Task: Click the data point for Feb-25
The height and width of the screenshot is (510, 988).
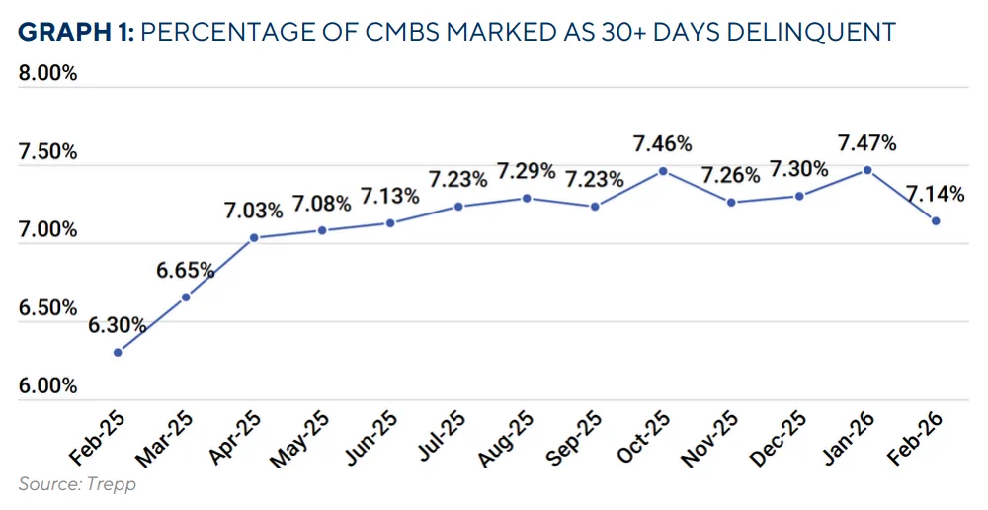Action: pyautogui.click(x=118, y=352)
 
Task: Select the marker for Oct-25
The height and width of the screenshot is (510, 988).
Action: pyautogui.click(x=663, y=170)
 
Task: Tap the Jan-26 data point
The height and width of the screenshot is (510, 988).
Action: pyautogui.click(x=867, y=169)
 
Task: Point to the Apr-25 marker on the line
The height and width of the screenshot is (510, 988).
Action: pyautogui.click(x=254, y=237)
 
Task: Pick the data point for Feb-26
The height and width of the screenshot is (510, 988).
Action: pyautogui.click(x=936, y=220)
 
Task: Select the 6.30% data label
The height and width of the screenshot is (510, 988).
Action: pyautogui.click(x=118, y=325)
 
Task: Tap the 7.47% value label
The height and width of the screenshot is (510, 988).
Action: pyautogui.click(x=867, y=143)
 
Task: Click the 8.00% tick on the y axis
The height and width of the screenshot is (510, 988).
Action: pyautogui.click(x=47, y=74)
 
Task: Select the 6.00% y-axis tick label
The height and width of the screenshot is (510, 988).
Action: pyautogui.click(x=47, y=385)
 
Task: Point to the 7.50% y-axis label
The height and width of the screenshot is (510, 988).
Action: pyautogui.click(x=47, y=151)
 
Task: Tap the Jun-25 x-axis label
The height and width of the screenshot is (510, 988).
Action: pyautogui.click(x=372, y=437)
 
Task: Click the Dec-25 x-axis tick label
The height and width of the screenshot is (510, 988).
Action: pyautogui.click(x=782, y=437)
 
